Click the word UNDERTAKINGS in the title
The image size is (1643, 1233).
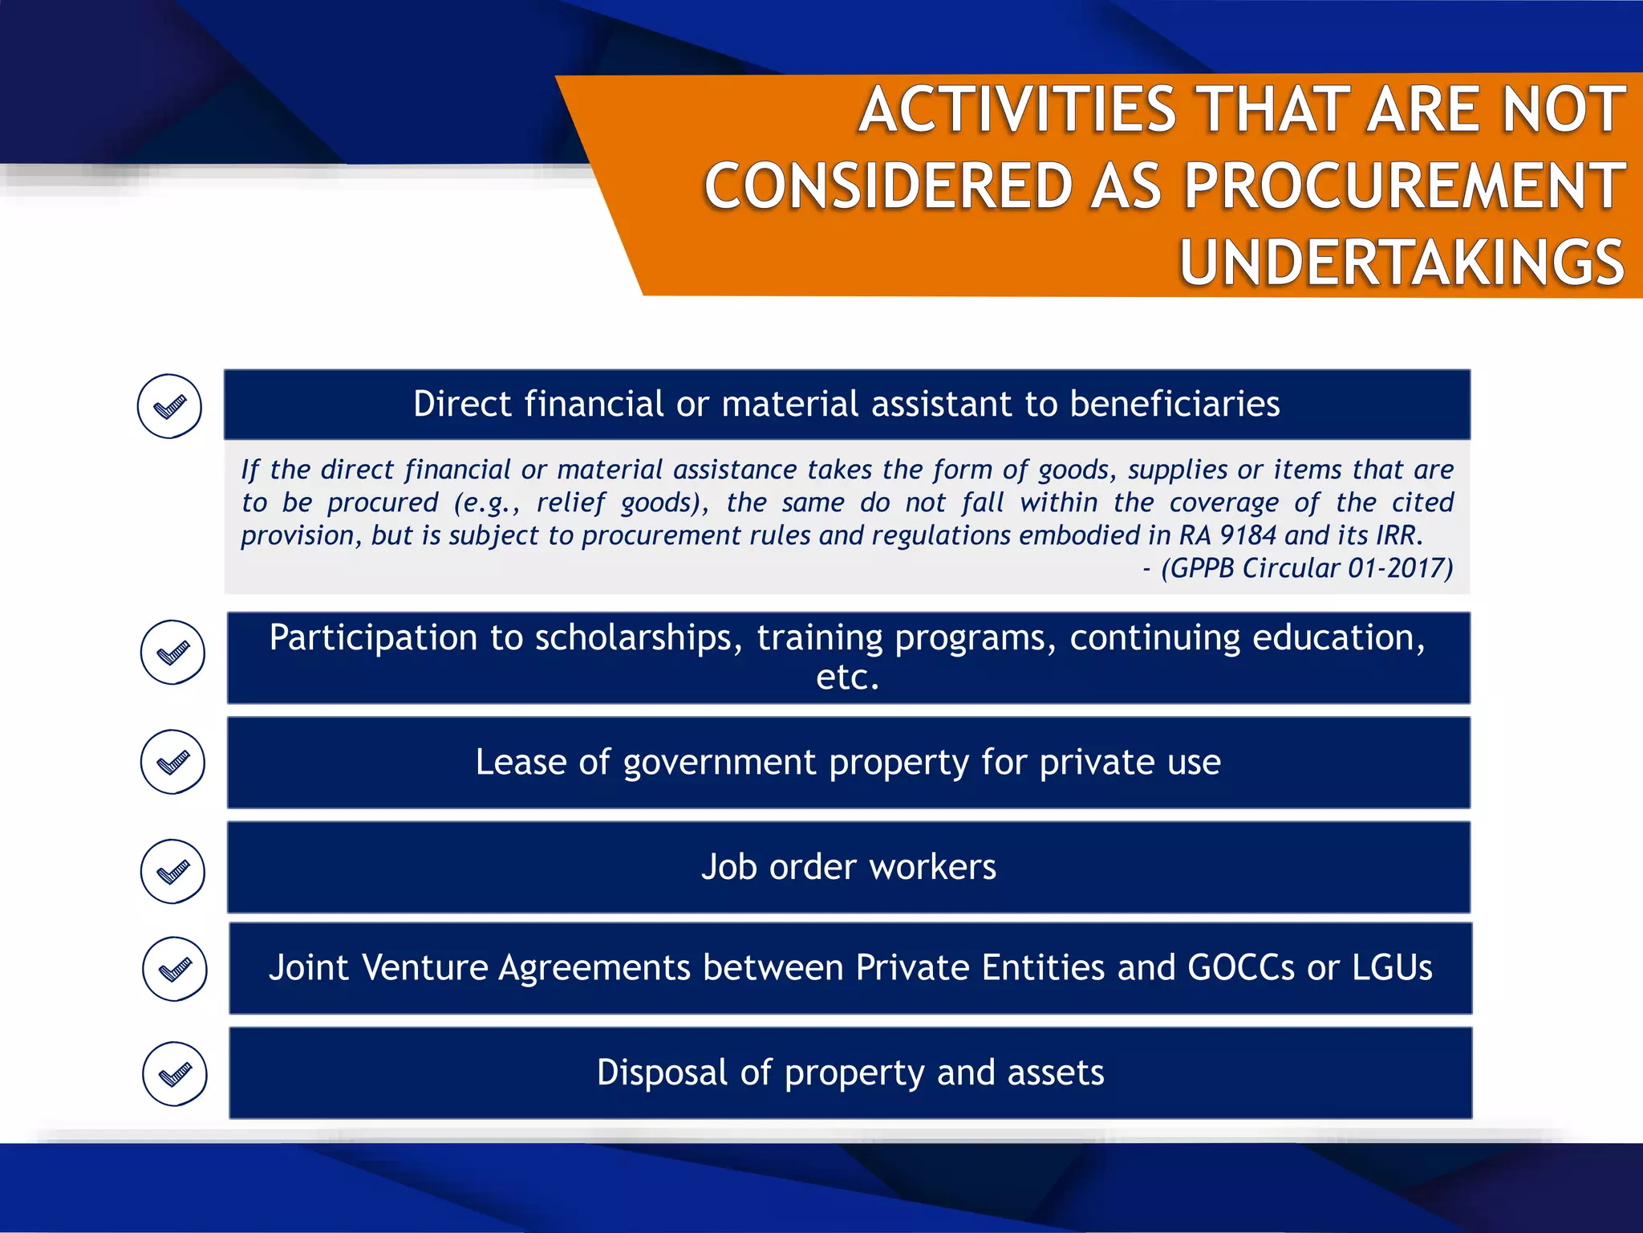tap(1402, 262)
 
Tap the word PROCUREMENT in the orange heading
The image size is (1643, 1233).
tap(1404, 186)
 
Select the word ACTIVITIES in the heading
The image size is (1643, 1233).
tap(1017, 110)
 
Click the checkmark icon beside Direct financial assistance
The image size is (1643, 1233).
tap(169, 406)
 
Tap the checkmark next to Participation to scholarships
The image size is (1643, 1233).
tap(172, 652)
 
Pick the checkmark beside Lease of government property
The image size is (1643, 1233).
tap(172, 762)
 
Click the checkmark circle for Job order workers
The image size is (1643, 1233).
tap(172, 871)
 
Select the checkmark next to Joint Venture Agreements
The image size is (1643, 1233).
tap(174, 969)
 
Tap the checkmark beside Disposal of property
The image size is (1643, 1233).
tap(174, 1074)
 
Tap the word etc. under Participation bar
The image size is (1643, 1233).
tap(847, 678)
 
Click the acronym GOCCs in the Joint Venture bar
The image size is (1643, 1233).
tap(1240, 967)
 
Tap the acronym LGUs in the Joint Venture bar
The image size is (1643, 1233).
tap(1392, 967)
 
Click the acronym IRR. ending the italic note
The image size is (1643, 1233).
tap(1399, 535)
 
